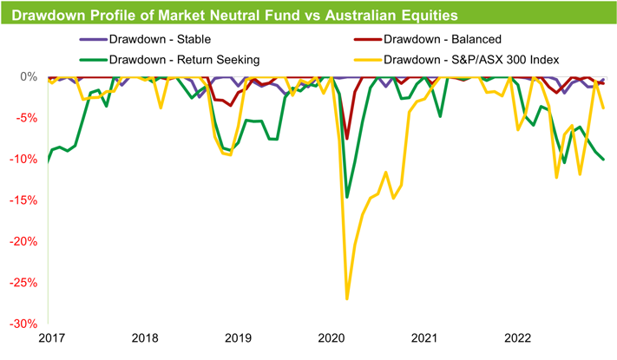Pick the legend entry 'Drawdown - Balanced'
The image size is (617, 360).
(x=442, y=39)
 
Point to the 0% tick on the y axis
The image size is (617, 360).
(x=28, y=77)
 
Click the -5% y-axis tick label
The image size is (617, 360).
(x=26, y=118)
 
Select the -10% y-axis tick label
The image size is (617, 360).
(x=23, y=160)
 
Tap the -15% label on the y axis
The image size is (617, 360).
(x=23, y=200)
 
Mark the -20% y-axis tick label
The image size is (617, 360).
(x=23, y=242)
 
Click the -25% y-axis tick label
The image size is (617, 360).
(x=23, y=283)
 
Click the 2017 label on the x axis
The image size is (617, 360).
(x=52, y=338)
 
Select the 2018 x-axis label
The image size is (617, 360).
(x=145, y=338)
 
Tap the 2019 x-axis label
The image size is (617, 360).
(x=238, y=338)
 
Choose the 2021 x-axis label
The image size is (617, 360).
(x=424, y=338)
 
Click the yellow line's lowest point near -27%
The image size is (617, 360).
(x=347, y=298)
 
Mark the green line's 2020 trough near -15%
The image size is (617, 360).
(x=347, y=197)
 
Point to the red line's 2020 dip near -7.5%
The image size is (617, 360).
(x=347, y=138)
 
